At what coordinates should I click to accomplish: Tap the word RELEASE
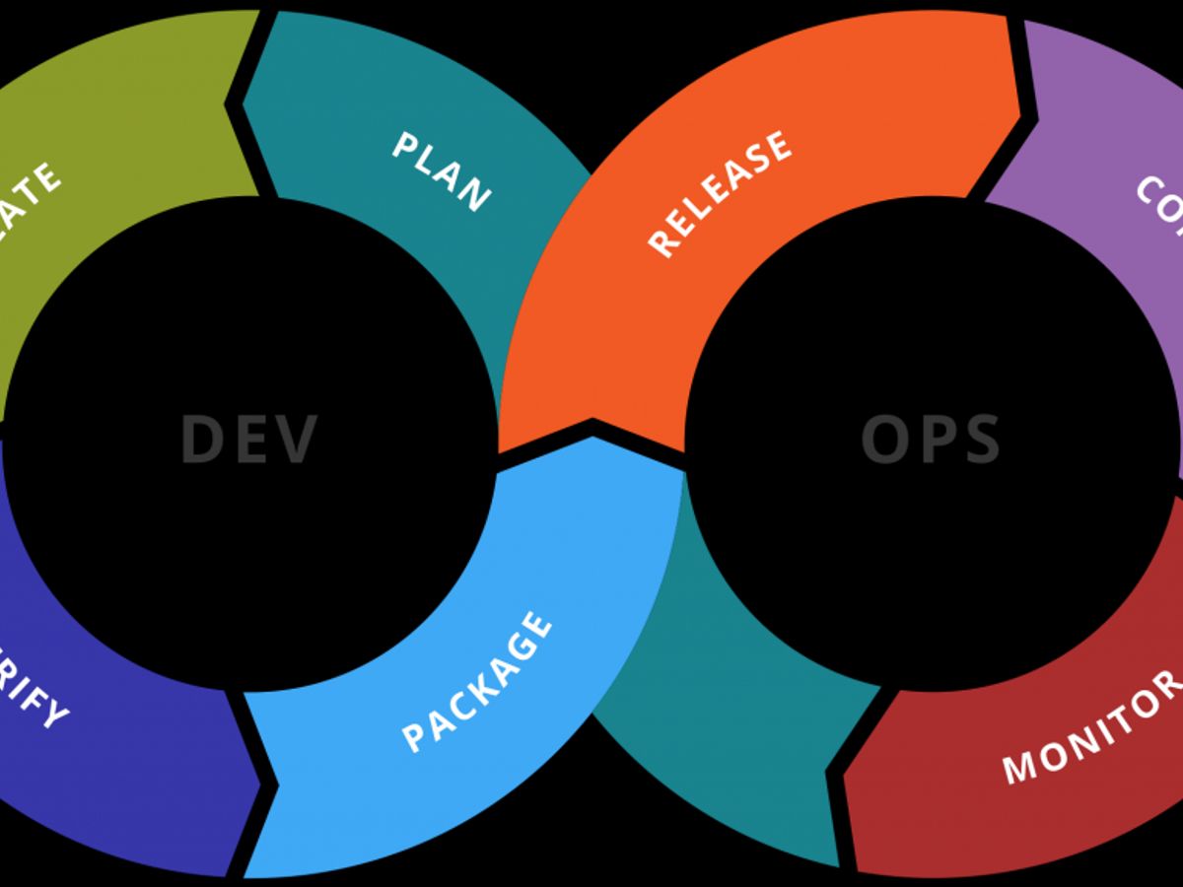(x=720, y=193)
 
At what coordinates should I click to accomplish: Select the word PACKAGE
(x=477, y=681)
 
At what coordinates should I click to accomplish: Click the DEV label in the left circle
(x=249, y=440)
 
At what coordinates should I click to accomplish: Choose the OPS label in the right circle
(x=931, y=440)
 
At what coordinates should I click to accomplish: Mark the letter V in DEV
(x=297, y=440)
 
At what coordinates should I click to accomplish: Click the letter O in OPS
(x=881, y=440)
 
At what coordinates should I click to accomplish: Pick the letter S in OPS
(x=981, y=440)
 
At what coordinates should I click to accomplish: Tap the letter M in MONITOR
(x=1019, y=765)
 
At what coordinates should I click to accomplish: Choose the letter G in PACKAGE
(x=522, y=641)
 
